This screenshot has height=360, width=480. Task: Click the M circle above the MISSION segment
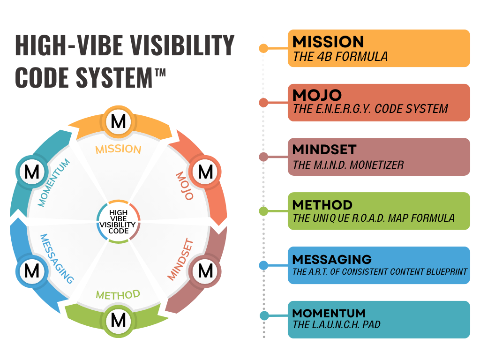118,122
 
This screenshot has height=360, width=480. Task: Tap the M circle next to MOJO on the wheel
205,172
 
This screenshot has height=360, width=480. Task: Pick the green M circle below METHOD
118,321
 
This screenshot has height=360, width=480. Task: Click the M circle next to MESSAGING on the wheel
31,270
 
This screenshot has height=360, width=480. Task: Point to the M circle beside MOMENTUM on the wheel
31,172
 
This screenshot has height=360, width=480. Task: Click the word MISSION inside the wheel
118,150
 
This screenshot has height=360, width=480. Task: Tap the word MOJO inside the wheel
185,186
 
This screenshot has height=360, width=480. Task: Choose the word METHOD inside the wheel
118,295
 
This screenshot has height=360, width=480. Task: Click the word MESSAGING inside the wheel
57,259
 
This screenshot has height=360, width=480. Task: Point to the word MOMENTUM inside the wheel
54,183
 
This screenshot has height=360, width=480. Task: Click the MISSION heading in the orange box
328,42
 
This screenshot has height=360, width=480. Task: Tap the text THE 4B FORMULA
340,57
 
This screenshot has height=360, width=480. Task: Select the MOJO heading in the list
317,95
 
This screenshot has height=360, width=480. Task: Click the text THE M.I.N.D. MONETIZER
348,165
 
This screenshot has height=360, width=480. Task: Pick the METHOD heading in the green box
322,205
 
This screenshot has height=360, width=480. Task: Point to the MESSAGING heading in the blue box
332,259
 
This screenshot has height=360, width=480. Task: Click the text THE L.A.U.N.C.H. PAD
337,325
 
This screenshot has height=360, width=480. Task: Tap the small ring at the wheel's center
118,221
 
